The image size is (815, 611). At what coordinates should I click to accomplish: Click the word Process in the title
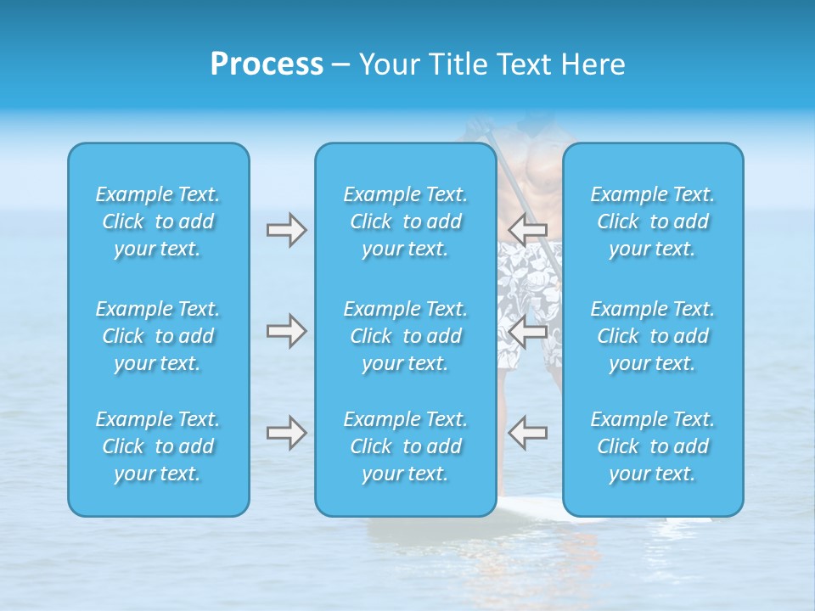[x=267, y=64]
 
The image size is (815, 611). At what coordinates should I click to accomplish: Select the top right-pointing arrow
[x=286, y=229]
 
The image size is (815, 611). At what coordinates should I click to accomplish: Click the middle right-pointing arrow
[x=286, y=330]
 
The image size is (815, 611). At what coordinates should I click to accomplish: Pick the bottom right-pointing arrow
[x=286, y=433]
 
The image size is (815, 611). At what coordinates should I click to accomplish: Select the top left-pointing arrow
[x=528, y=229]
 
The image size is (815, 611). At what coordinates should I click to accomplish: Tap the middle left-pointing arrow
[x=528, y=330]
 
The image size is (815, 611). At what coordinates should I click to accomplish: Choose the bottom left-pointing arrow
[x=528, y=433]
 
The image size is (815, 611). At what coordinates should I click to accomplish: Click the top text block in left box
[x=158, y=221]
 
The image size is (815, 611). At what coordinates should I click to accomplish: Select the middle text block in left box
[x=158, y=336]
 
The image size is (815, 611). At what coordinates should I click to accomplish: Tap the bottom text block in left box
[x=158, y=446]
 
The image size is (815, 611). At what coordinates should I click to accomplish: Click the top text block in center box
[x=406, y=221]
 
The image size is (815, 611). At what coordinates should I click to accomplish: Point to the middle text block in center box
[x=406, y=336]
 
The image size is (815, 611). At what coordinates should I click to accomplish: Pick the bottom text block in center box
[x=406, y=446]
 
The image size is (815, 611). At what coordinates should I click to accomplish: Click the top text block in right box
[x=653, y=221]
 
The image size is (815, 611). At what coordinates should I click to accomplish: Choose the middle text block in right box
[x=653, y=336]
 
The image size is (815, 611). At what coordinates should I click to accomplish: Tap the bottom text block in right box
[x=653, y=446]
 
